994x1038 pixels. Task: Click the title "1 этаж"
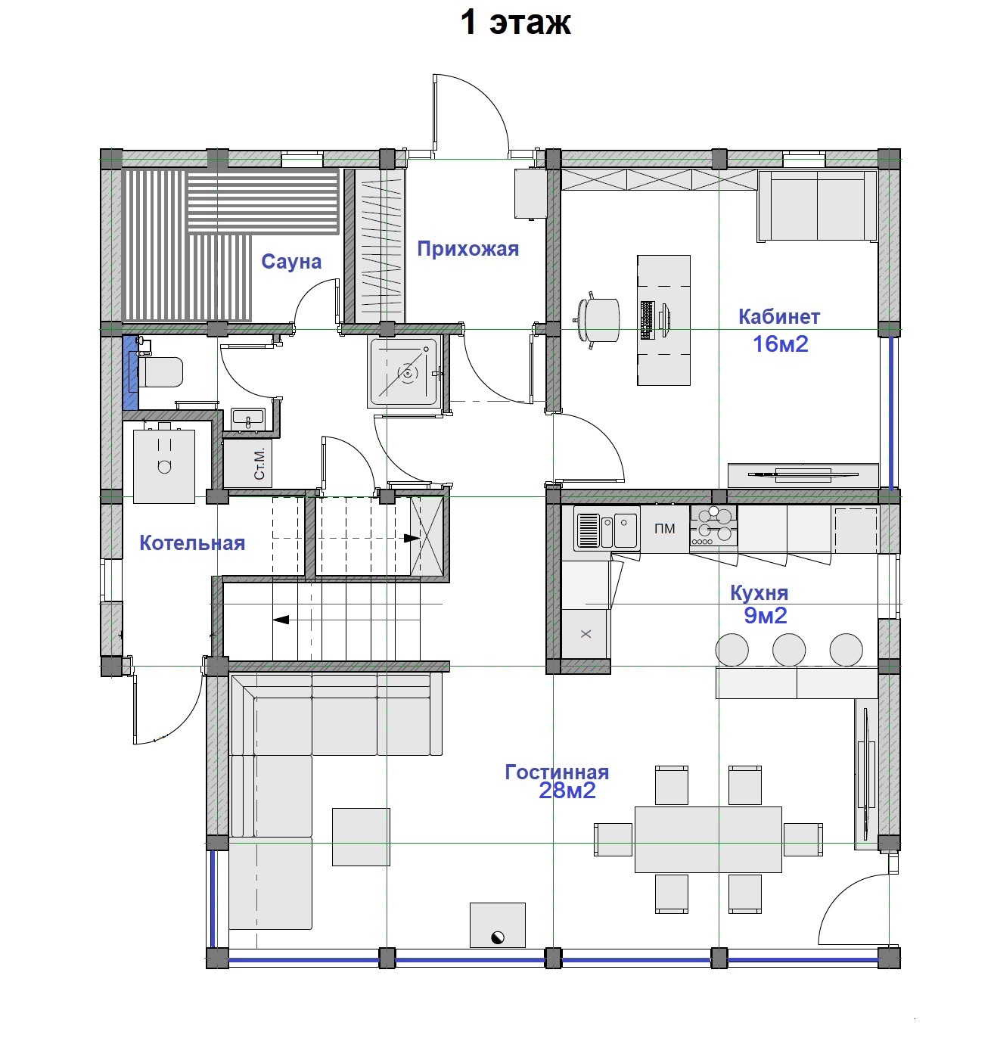[x=515, y=23]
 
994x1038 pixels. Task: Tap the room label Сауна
[x=291, y=261]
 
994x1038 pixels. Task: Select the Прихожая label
[x=467, y=249]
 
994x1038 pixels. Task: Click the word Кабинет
[x=779, y=317]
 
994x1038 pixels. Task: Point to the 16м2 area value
[x=780, y=344]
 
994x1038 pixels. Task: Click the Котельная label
[x=192, y=543]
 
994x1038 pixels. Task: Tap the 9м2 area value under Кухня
[x=766, y=616]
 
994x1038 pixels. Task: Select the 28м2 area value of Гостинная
[x=567, y=791]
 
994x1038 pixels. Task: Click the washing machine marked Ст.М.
[x=247, y=463]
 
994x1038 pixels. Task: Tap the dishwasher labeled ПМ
[x=664, y=529]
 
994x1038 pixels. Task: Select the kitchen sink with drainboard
[x=607, y=530]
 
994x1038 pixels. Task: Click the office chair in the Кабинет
[x=598, y=320]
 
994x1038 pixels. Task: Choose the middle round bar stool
[x=789, y=650]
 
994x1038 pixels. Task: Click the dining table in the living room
[x=708, y=839]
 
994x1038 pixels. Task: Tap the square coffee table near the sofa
[x=361, y=836]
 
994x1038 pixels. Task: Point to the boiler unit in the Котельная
[x=163, y=465]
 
